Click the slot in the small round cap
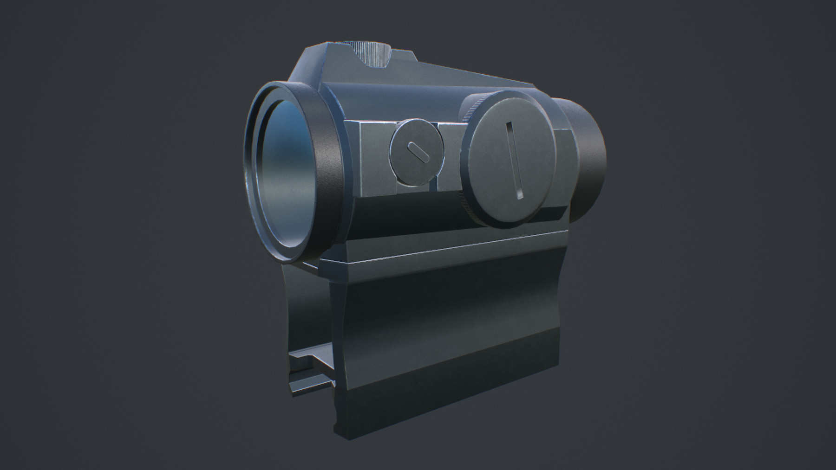tap(417, 153)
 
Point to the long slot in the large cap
tap(516, 160)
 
